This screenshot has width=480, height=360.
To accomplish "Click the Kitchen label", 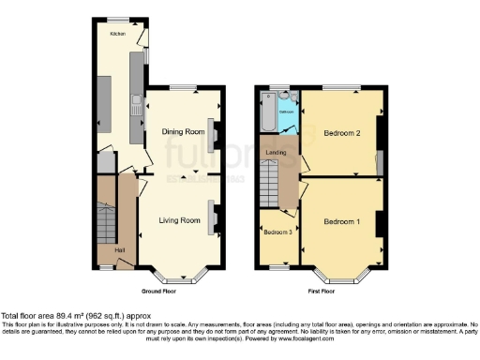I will [117, 33].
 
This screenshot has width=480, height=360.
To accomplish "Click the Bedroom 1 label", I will [341, 221].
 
